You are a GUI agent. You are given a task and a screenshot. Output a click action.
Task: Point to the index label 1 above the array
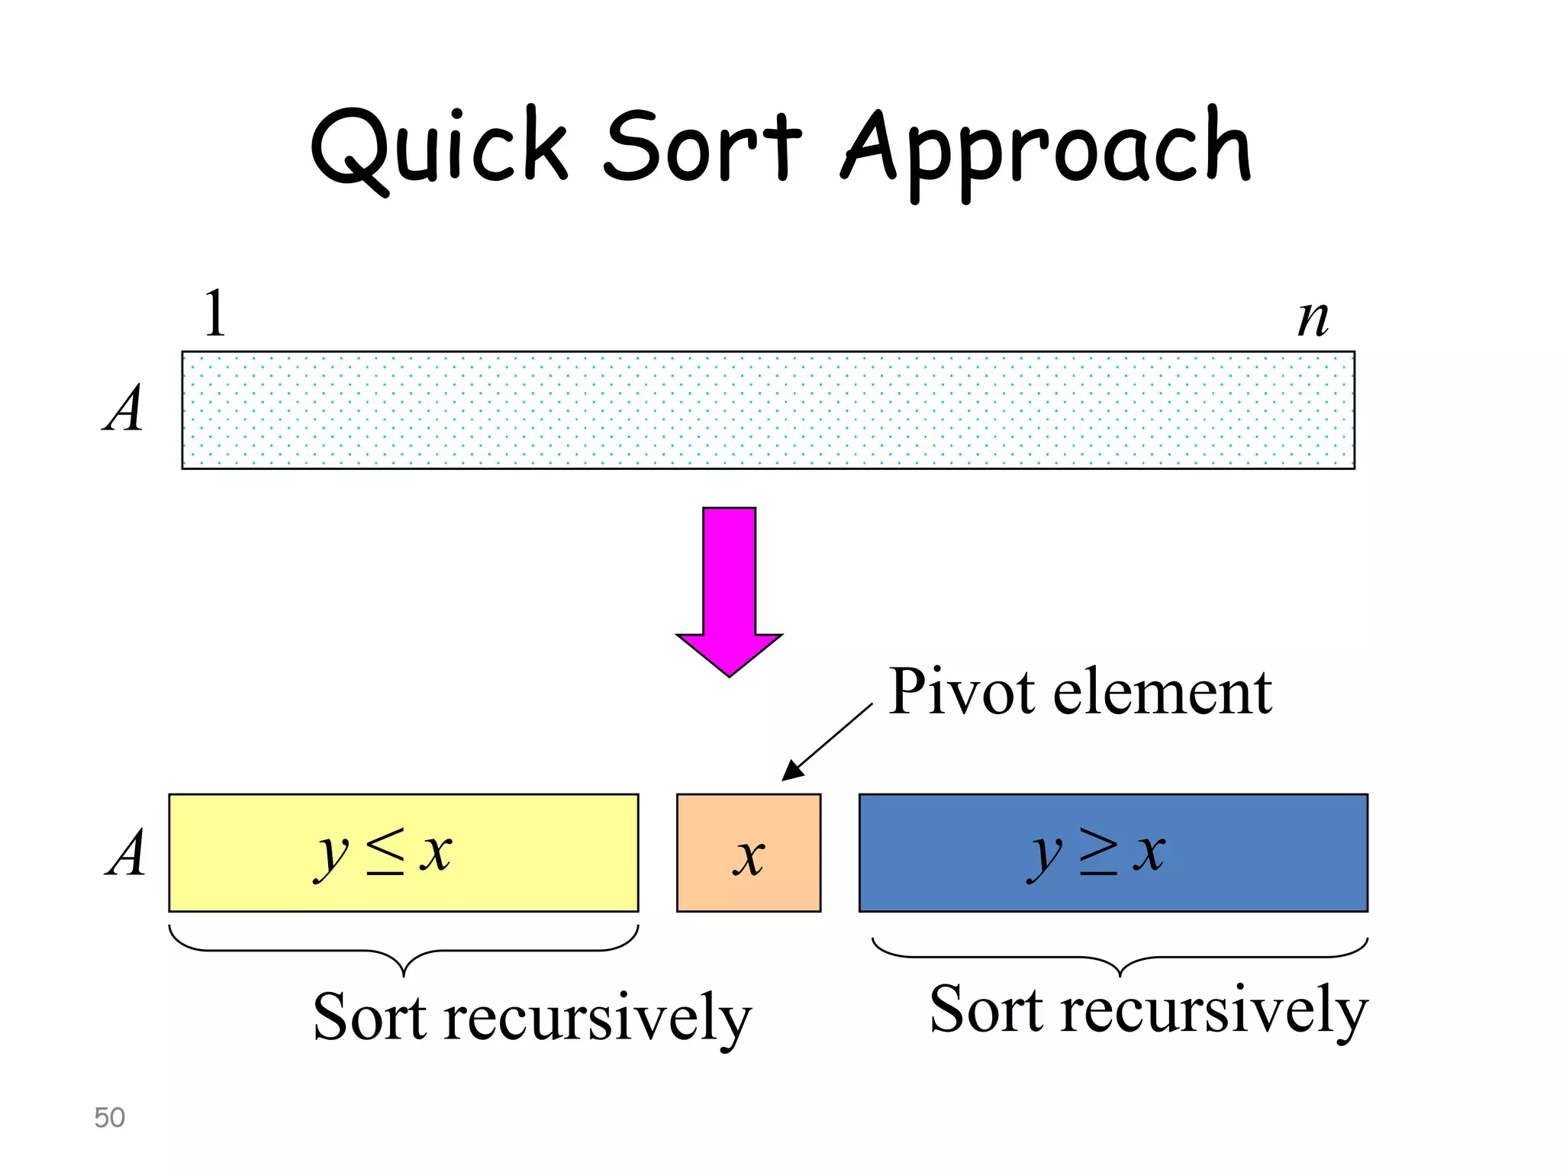[214, 313]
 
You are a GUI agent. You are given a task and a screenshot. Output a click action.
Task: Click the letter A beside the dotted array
[124, 409]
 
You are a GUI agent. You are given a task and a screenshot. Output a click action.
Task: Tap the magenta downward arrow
[729, 588]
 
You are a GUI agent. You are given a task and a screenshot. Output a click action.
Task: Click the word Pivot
[962, 692]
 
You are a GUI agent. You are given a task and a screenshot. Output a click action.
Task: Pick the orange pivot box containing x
[748, 852]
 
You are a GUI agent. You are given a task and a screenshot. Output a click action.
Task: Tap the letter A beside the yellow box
[126, 852]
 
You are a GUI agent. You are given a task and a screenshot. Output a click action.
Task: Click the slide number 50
[109, 1117]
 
